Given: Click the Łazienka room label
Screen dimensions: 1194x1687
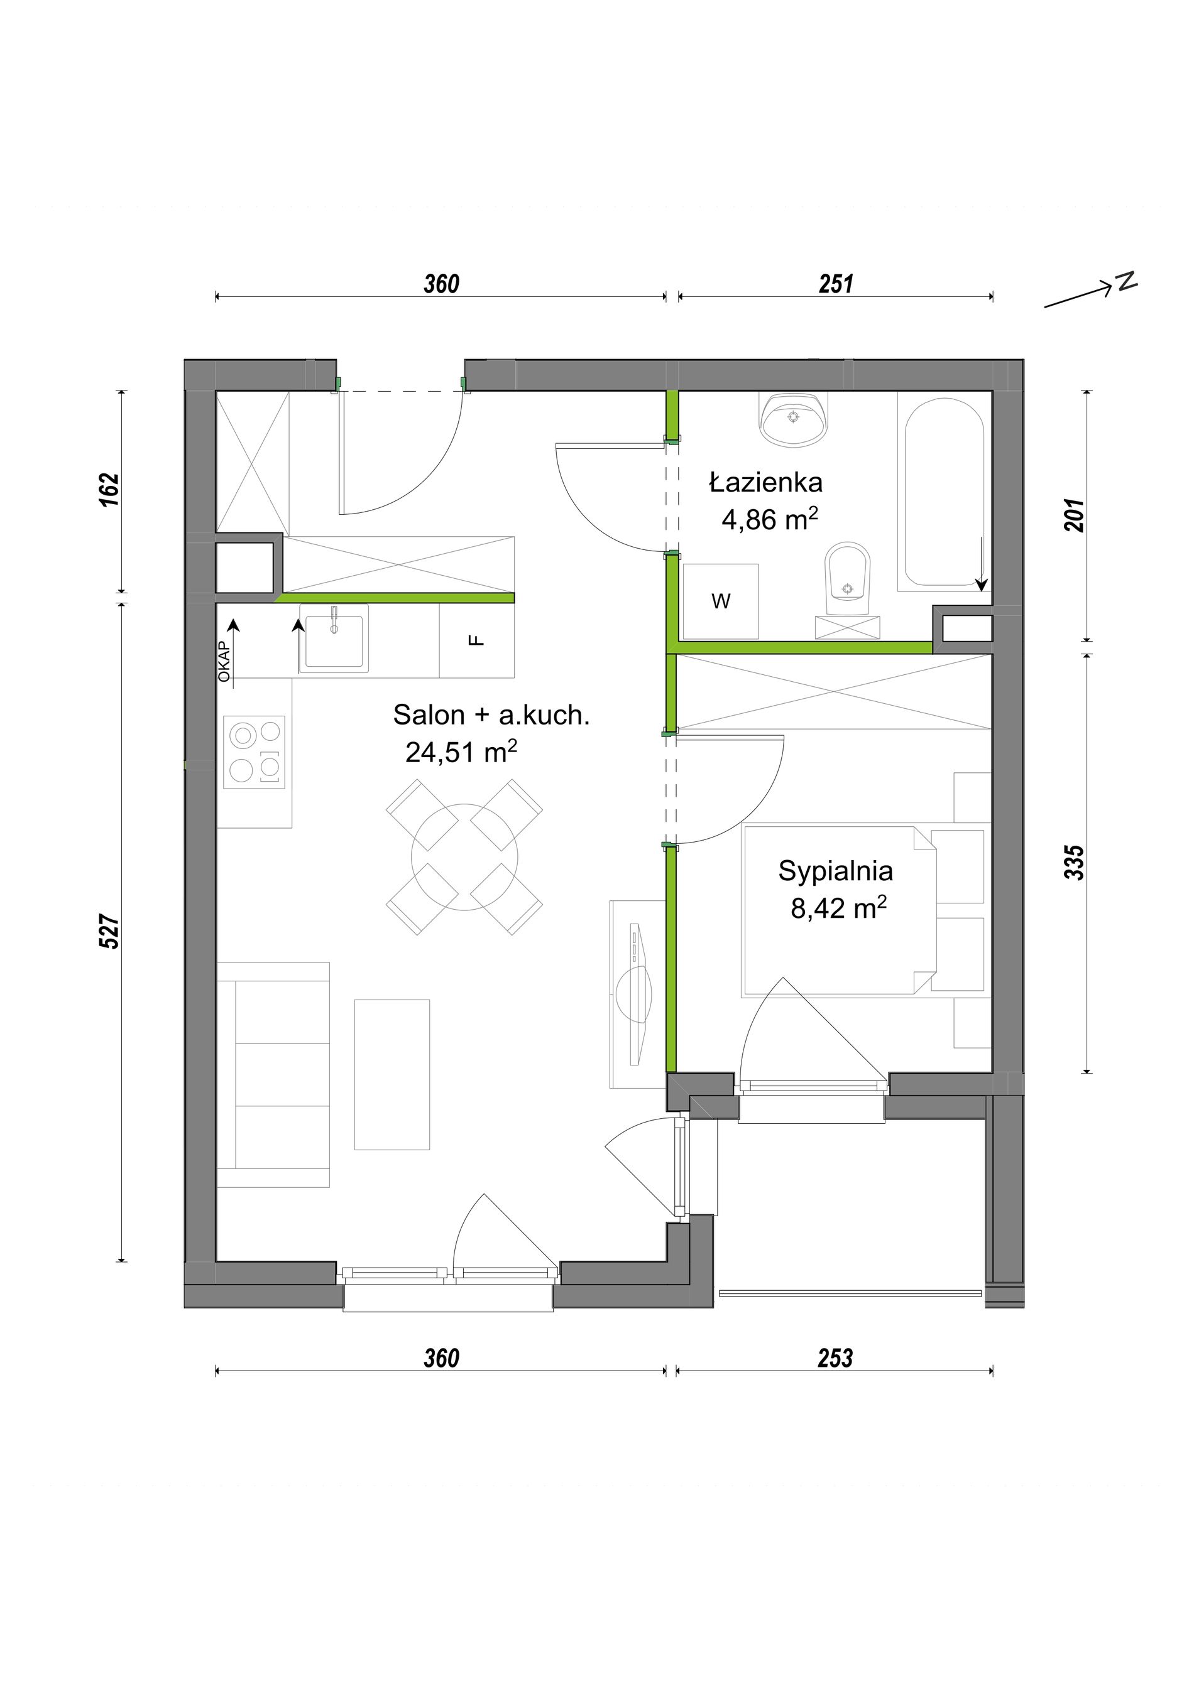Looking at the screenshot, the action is (765, 483).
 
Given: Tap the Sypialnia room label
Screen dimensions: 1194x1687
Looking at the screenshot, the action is (836, 871).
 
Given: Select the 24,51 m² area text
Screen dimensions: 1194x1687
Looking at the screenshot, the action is (461, 752).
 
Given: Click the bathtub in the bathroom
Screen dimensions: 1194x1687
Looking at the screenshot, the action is (944, 492).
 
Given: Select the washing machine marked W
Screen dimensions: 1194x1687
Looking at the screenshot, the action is (721, 601).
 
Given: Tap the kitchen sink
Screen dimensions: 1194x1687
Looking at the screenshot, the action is (334, 639).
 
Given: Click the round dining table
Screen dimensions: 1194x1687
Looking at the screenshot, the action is (464, 857).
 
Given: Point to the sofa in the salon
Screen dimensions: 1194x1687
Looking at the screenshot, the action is (273, 1074).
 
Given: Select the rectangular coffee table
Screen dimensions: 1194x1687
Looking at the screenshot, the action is (392, 1074).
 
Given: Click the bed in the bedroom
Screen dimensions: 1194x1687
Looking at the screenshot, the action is (840, 911).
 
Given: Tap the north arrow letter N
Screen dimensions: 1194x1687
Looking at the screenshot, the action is (1126, 281).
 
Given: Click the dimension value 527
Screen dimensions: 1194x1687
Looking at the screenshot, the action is (109, 932).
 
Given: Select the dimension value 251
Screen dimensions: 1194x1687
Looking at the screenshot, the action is (836, 284).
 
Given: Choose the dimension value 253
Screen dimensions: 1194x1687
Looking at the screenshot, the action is (835, 1359).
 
